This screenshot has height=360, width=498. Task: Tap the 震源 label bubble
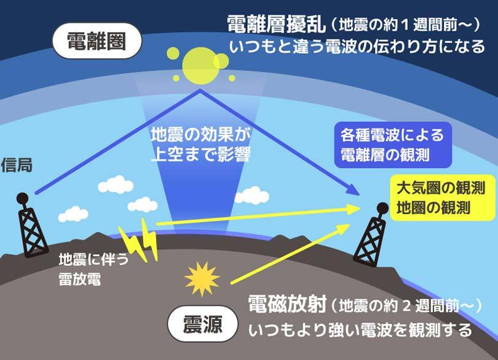202,324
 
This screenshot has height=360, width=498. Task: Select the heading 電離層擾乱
274,24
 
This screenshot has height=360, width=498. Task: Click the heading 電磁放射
287,303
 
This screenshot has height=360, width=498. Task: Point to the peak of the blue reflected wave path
199,90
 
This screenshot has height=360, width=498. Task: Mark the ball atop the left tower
22,199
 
